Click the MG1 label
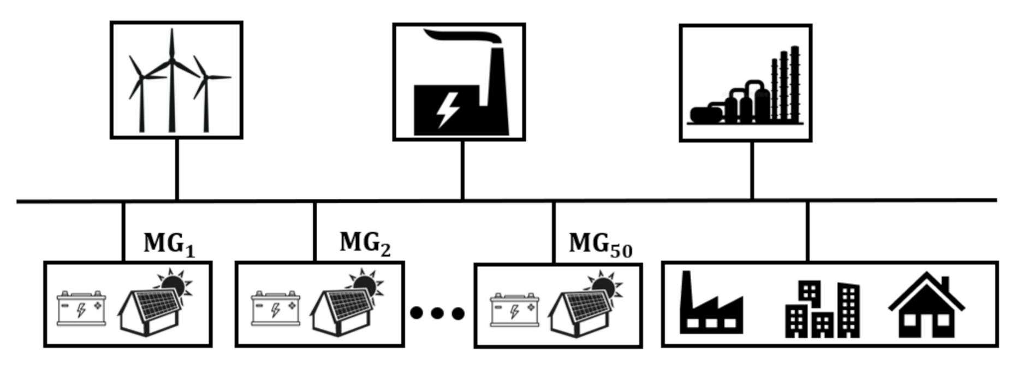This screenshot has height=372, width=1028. click(169, 244)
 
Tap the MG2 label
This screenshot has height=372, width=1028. click(365, 243)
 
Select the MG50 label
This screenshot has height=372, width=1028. click(600, 244)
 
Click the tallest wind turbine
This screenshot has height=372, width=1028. click(172, 82)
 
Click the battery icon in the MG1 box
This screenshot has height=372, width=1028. click(81, 309)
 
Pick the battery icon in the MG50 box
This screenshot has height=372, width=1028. click(514, 310)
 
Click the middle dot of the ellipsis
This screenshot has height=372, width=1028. click(437, 313)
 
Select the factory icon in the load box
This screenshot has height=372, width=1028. click(710, 306)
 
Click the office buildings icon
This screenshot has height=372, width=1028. click(822, 309)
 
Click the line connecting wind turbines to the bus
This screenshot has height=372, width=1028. click(177, 169)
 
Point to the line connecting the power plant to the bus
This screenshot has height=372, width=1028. click(462, 170)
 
